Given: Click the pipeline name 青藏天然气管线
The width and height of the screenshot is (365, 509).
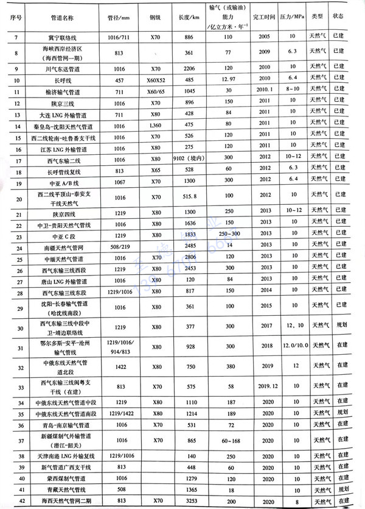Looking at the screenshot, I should [61, 489].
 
